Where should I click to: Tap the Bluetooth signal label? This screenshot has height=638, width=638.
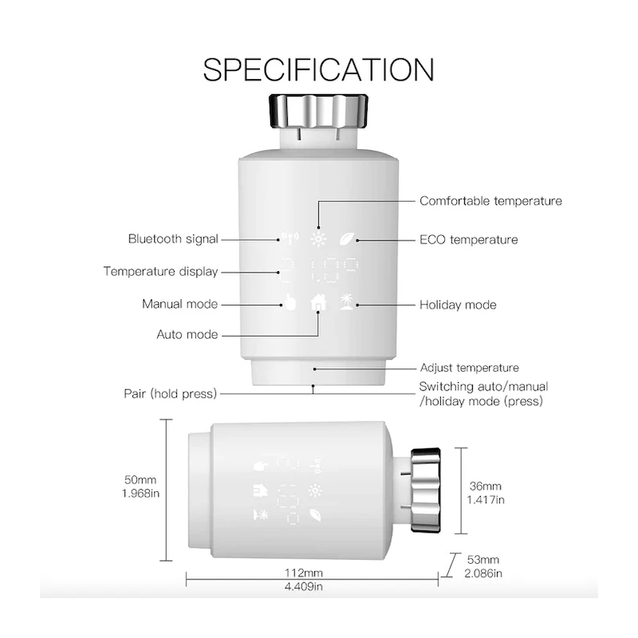173,238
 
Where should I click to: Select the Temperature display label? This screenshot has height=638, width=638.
160,271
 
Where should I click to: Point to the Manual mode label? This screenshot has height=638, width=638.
179,304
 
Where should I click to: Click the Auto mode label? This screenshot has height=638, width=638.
187,334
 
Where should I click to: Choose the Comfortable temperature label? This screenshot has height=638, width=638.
490,201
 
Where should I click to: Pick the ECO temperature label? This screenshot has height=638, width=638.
468,239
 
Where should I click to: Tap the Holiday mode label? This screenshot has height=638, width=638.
458,305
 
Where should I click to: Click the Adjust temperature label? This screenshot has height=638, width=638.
469,368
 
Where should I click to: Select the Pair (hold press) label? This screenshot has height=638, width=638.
170,393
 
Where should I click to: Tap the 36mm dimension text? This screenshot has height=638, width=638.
486,486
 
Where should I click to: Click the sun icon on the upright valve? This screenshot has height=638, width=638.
318,238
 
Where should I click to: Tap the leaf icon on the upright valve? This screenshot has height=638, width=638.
347,238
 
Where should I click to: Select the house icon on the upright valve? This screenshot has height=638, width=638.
318,303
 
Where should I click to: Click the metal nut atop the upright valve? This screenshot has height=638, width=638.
318,109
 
